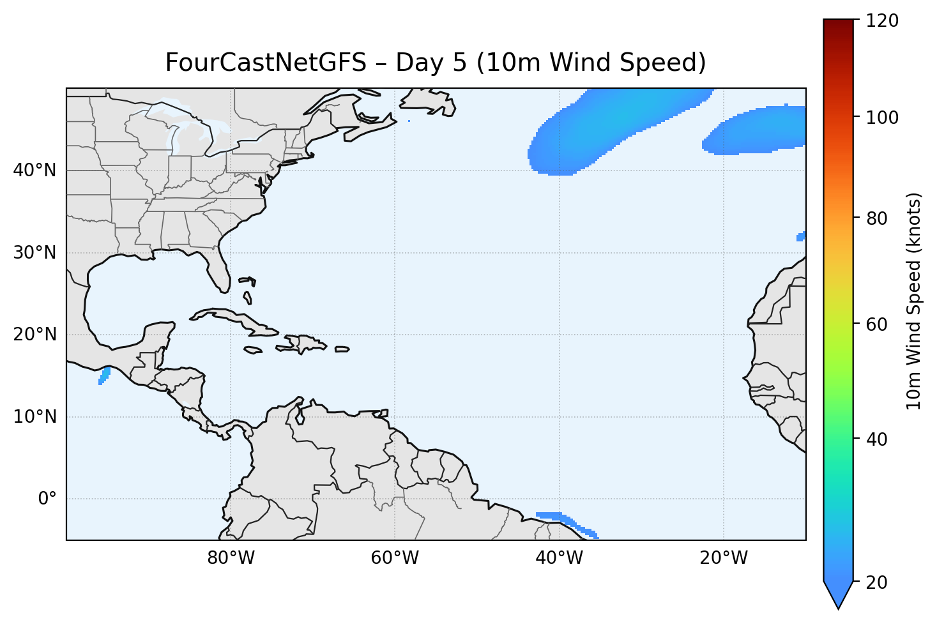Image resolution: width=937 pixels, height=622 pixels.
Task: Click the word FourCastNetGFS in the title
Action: pyautogui.click(x=266, y=63)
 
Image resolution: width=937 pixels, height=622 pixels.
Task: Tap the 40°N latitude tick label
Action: pyautogui.click(x=34, y=171)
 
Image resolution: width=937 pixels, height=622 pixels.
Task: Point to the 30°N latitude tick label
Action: pyautogui.click(x=34, y=253)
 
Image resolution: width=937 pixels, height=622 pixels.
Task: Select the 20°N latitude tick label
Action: pyautogui.click(x=34, y=335)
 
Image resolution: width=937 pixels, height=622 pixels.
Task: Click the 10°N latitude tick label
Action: pyautogui.click(x=34, y=417)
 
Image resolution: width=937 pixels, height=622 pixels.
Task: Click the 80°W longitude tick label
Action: pyautogui.click(x=231, y=558)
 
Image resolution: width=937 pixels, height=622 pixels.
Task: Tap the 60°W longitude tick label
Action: pyautogui.click(x=395, y=558)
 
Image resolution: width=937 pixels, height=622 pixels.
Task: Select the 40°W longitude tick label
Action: pyautogui.click(x=559, y=558)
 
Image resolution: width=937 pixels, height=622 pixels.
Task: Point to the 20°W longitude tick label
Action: pyautogui.click(x=723, y=558)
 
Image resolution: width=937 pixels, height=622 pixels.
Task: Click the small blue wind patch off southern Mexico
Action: pyautogui.click(x=104, y=375)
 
